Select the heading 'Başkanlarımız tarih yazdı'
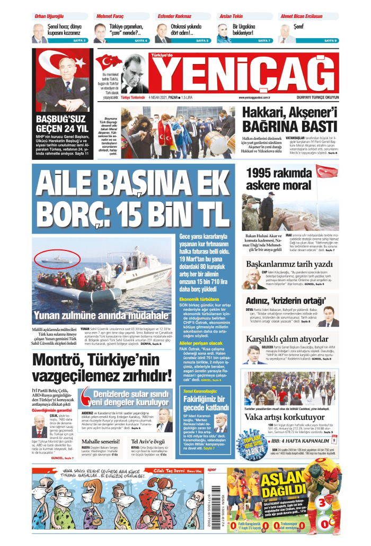point(289,264)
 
